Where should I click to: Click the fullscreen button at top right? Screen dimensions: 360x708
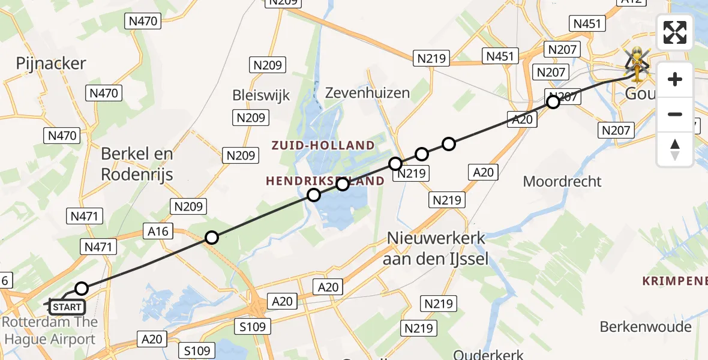point(675,32)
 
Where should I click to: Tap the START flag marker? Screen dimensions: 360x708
point(66,307)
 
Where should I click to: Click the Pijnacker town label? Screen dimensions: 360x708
point(51,64)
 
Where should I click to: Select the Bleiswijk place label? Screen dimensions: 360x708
point(261,95)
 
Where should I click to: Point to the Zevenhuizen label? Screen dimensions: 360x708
point(367,92)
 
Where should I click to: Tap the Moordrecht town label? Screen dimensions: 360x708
point(562,181)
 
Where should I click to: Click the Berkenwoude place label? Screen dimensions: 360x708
point(646,327)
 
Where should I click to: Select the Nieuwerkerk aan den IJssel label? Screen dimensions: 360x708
point(436,248)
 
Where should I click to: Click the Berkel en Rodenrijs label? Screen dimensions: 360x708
point(137,164)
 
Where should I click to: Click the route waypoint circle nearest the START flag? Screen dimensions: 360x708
point(82,289)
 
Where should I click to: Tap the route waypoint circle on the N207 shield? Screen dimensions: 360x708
point(553,102)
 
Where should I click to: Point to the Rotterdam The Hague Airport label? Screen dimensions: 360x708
point(49,331)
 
